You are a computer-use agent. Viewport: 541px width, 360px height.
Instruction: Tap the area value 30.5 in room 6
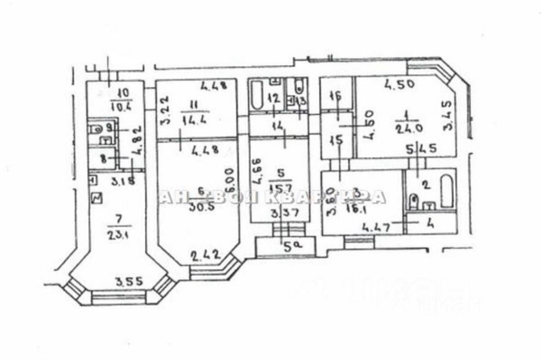(x=201, y=207)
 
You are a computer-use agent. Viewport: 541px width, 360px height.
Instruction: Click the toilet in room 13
(x=299, y=85)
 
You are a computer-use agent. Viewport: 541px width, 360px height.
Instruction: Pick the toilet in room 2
(x=414, y=202)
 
